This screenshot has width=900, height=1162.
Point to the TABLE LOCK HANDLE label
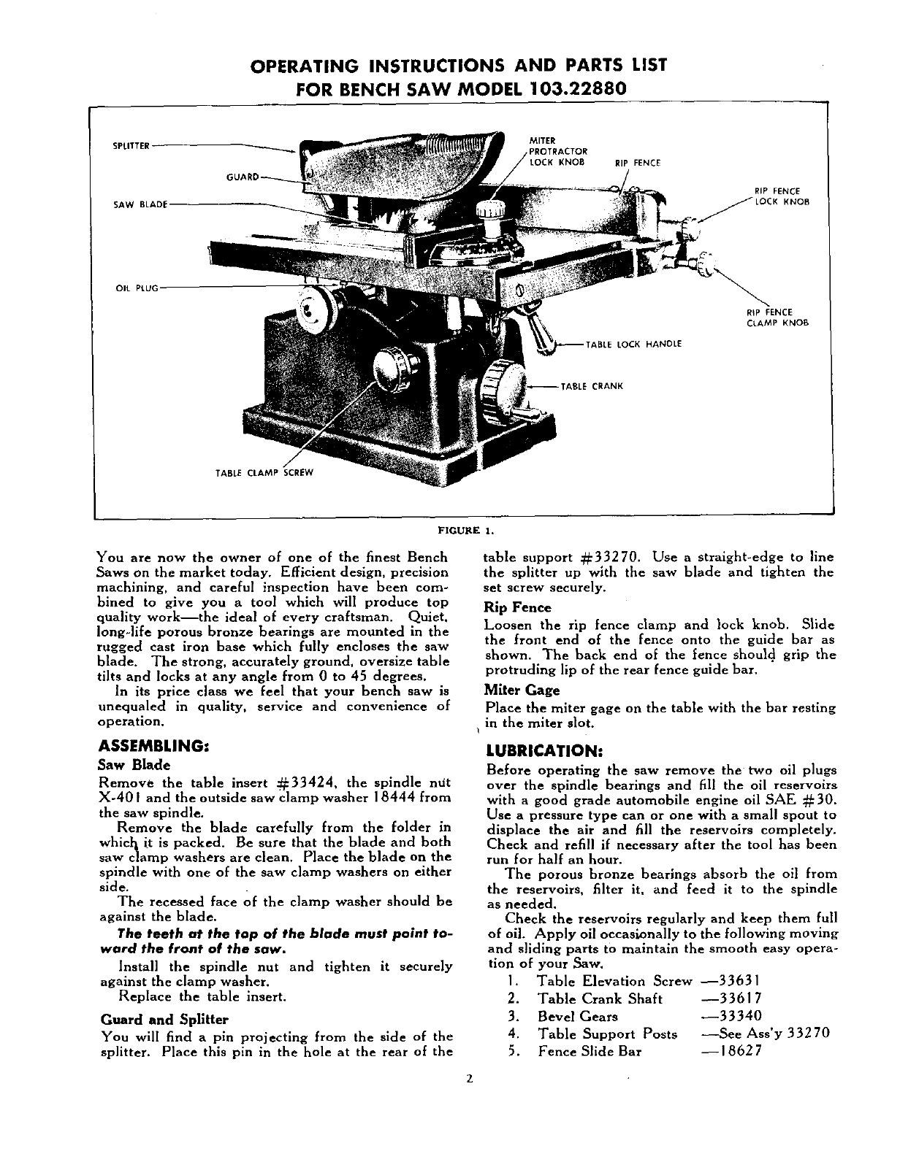[633, 345]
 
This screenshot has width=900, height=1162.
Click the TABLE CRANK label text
[591, 386]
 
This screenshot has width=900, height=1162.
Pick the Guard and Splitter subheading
[164, 1019]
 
